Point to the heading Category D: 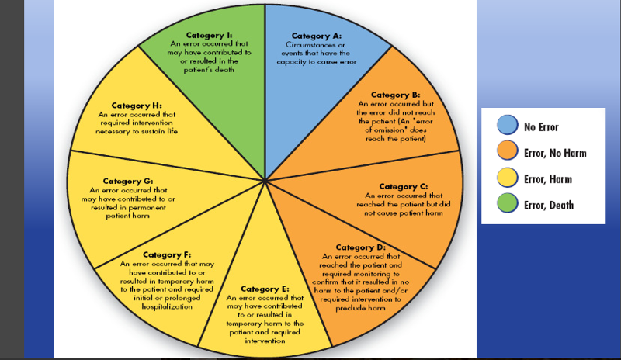tap(359, 247)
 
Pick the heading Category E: tap(265, 289)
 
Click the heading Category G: tap(127, 181)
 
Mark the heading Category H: tap(136, 105)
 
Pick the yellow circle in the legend tap(508, 179)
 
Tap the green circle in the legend tap(508, 206)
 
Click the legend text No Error tap(541, 126)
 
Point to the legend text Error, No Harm tap(554, 153)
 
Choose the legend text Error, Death tap(550, 206)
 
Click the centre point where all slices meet tap(265, 180)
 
